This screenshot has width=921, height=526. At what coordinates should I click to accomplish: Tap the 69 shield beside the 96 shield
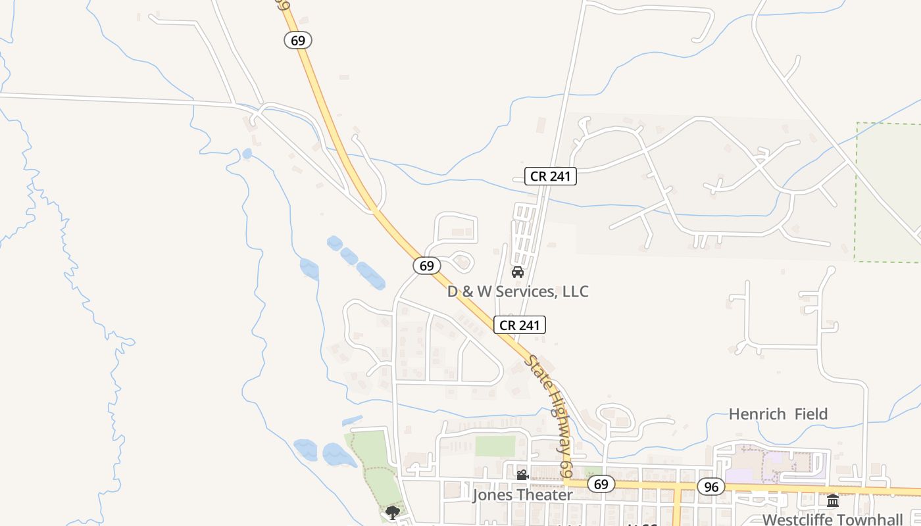[x=601, y=485]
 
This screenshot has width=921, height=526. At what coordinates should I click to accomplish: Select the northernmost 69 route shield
[x=298, y=40]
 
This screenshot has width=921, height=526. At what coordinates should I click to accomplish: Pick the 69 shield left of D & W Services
[x=427, y=266]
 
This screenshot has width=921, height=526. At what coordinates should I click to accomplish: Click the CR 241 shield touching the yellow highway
[x=520, y=325]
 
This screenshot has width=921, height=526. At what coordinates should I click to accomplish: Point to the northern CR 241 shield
[x=550, y=176]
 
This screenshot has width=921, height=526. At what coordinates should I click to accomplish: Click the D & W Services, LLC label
[x=518, y=291]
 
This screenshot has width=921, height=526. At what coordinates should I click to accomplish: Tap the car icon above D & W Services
[x=518, y=272]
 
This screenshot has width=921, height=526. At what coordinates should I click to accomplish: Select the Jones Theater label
[x=522, y=494]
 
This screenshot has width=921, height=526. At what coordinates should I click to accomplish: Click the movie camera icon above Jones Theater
[x=522, y=475]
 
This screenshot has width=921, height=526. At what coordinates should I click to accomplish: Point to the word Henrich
[x=757, y=414]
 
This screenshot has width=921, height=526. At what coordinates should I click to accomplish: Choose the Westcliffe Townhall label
[x=832, y=519]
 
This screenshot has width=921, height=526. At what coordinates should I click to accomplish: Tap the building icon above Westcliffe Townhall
[x=833, y=501]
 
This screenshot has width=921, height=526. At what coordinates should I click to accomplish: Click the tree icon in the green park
[x=393, y=512]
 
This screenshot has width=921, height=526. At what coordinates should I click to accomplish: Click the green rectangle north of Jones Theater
[x=495, y=446]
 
